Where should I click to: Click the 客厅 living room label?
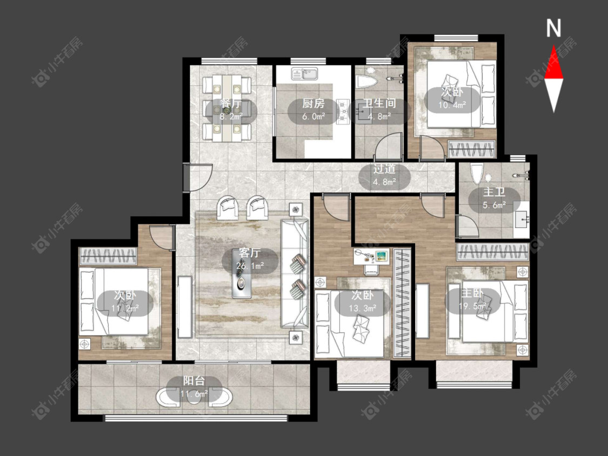click(x=249, y=253)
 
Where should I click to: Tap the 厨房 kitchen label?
click(x=313, y=104)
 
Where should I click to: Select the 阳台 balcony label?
click(x=194, y=381)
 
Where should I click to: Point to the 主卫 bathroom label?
click(x=494, y=192)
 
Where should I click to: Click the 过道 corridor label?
click(x=384, y=169)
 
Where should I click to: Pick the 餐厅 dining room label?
click(x=231, y=104)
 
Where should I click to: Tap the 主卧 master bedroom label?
click(x=472, y=293)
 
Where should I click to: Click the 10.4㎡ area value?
click(x=452, y=105)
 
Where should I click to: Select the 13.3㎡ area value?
click(x=363, y=309)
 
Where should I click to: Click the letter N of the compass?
click(x=554, y=28)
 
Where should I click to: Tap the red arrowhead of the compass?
click(x=554, y=63)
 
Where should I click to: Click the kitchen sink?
click(x=305, y=73)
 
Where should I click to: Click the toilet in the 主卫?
click(x=476, y=174)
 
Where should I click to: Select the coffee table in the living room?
click(x=242, y=273)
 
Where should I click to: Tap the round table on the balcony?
click(x=194, y=398)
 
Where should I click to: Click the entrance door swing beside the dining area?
click(x=198, y=177)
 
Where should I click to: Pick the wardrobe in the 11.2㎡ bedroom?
click(x=108, y=256)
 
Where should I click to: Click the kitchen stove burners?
click(x=343, y=112)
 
